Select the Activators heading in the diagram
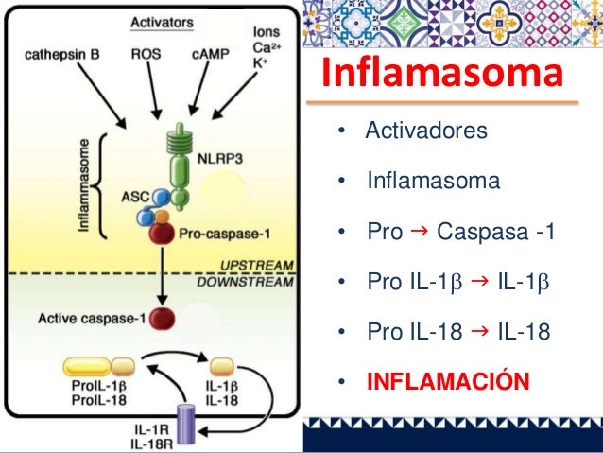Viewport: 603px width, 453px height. [162, 21]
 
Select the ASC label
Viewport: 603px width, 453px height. [131, 198]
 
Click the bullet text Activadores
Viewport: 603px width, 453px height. [426, 130]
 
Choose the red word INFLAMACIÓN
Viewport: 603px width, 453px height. [447, 382]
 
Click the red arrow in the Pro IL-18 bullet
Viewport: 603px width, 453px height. [479, 330]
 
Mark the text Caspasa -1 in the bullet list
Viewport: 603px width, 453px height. [491, 231]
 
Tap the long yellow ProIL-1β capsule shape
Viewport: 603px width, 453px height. [87, 366]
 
